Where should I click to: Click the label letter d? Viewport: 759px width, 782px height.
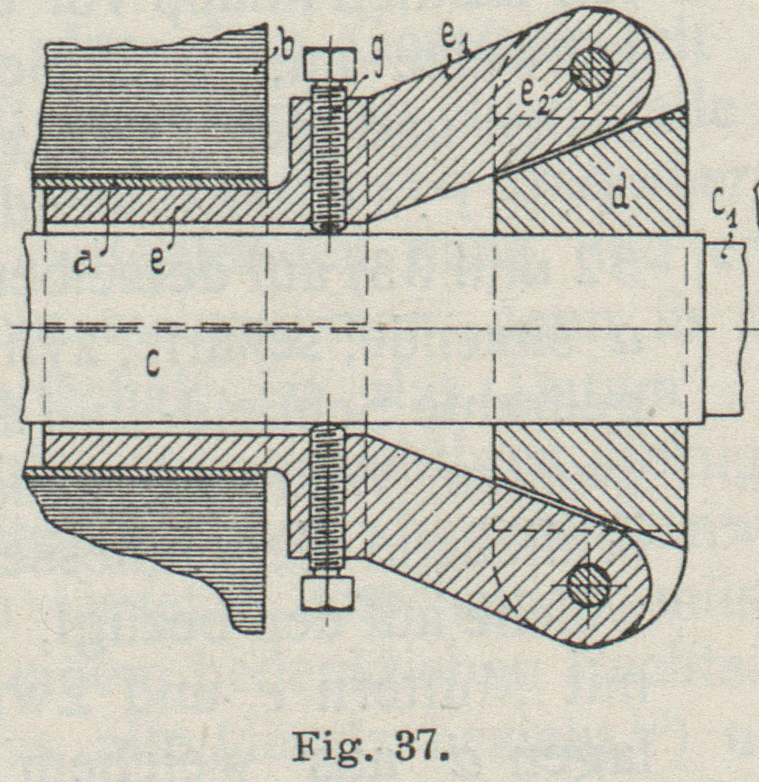620,196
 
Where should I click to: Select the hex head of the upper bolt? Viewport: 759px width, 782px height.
330,63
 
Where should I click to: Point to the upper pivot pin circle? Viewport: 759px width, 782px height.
591,72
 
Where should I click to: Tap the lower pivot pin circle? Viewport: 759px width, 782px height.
588,585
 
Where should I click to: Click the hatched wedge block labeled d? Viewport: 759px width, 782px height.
592,187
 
